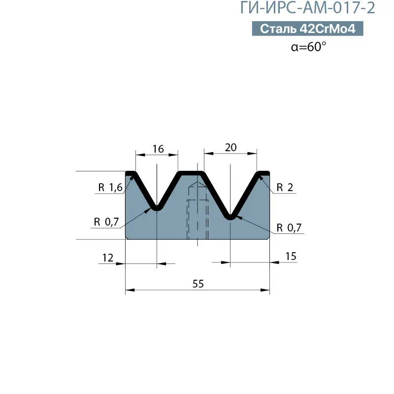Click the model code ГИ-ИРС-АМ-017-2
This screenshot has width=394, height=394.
click(307, 7)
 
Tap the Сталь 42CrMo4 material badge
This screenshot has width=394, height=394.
click(307, 29)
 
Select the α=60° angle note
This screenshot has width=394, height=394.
click(308, 47)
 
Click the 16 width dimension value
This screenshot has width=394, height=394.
click(158, 149)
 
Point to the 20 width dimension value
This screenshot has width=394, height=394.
click(230, 147)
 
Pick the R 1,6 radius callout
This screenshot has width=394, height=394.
click(110, 188)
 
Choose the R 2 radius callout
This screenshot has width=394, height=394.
click(285, 188)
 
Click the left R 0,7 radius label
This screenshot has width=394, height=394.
click(106, 222)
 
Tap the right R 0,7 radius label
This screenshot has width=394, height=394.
click(289, 228)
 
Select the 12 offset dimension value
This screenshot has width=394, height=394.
click(108, 258)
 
